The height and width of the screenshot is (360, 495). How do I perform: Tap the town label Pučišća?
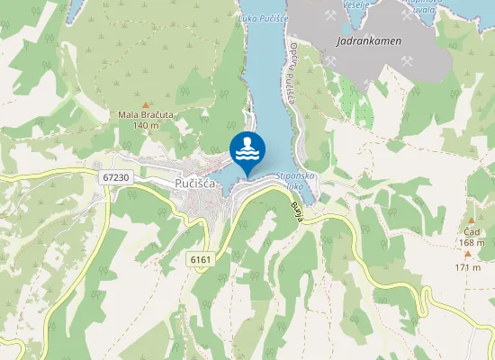(x=193, y=184)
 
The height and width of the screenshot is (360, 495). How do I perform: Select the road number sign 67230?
(x=116, y=178)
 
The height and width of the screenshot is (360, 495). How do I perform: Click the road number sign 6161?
(x=200, y=259)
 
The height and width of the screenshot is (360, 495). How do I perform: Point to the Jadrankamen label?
(x=368, y=40)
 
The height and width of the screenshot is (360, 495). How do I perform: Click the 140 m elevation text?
(x=145, y=125)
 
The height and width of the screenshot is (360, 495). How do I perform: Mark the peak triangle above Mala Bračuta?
(x=146, y=103)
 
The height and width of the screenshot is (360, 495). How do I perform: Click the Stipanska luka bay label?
(x=295, y=181)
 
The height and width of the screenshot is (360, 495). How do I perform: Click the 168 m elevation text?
(x=471, y=242)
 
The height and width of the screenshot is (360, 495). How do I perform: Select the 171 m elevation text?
(x=468, y=267)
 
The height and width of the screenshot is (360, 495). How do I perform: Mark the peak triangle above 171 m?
(x=467, y=255)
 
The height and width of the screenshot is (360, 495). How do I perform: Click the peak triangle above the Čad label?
(x=471, y=220)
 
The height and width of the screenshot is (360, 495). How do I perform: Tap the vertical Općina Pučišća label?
(x=292, y=74)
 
